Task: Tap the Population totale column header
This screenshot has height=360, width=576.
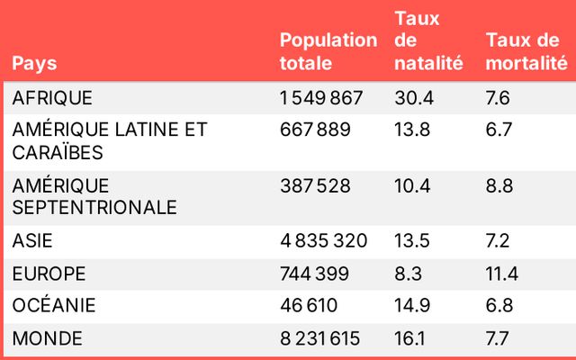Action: click(328, 52)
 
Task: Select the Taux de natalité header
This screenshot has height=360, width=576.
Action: click(427, 40)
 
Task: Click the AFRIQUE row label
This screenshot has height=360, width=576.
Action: click(52, 97)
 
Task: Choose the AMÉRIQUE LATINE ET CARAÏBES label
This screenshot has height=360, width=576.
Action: click(110, 140)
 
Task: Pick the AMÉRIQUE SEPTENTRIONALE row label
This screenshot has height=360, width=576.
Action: click(94, 196)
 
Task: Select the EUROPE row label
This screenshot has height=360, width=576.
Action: click(49, 273)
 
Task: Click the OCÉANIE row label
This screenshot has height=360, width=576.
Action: click(53, 306)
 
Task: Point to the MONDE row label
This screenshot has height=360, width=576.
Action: click(47, 338)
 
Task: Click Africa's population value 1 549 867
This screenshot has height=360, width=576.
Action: click(321, 97)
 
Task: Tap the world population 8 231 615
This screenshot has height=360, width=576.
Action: click(320, 338)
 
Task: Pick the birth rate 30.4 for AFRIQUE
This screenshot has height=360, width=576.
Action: click(411, 97)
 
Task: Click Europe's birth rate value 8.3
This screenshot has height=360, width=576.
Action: click(407, 273)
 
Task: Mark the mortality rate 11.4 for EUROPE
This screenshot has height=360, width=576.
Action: click(502, 273)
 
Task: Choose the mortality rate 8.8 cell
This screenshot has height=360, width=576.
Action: click(499, 185)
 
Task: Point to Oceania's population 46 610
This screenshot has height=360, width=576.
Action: click(308, 306)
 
